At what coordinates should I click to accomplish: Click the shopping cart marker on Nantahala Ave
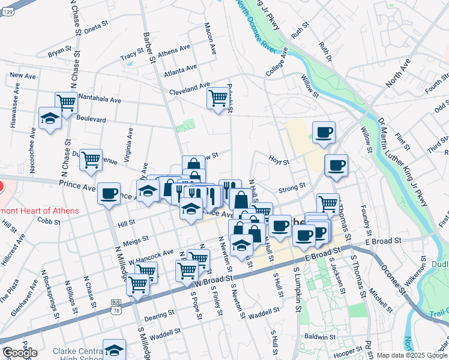[x=66, y=103]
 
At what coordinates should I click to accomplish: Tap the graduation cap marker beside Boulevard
[x=49, y=118]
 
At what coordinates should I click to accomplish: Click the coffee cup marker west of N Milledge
[x=109, y=193]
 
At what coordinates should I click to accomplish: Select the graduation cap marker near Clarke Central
[x=114, y=350]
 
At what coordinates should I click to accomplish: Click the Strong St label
[x=292, y=188]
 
